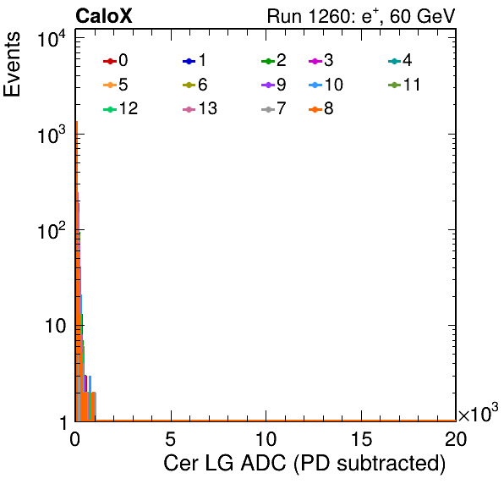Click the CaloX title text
pyautogui.click(x=104, y=16)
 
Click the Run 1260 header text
pyautogui.click(x=361, y=16)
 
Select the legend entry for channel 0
pyautogui.click(x=115, y=60)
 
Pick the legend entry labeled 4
pyautogui.click(x=400, y=60)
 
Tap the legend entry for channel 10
pyautogui.click(x=326, y=85)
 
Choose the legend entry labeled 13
pyautogui.click(x=200, y=108)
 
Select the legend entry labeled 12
pyautogui.click(x=121, y=108)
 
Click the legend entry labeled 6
pyautogui.click(x=194, y=85)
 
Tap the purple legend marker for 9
pyautogui.click(x=268, y=85)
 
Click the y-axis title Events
pyautogui.click(x=12, y=64)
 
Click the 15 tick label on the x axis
pyautogui.click(x=361, y=438)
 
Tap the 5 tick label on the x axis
pyautogui.click(x=170, y=438)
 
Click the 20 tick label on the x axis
pyautogui.click(x=456, y=438)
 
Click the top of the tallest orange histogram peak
pyautogui.click(x=77, y=122)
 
